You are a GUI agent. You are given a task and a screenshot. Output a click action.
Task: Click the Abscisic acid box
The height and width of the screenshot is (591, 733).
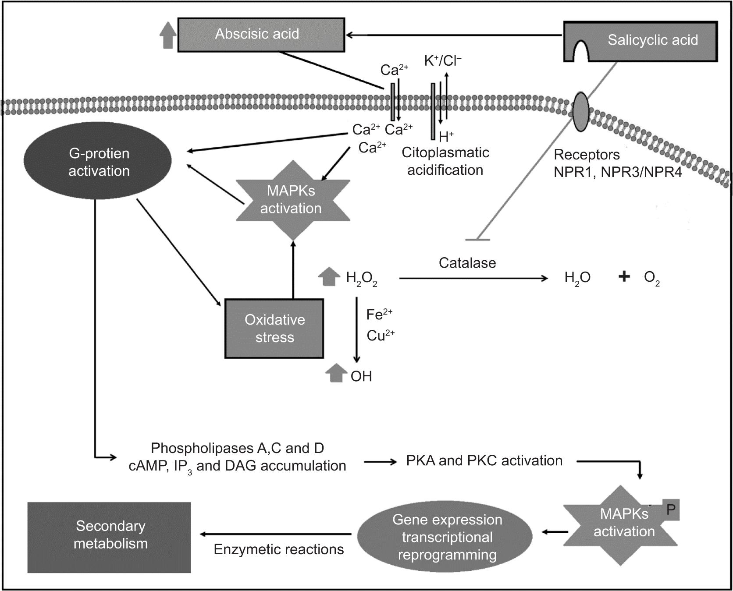tap(261, 35)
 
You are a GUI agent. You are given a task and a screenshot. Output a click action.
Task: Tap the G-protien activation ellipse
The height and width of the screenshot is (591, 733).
tap(98, 162)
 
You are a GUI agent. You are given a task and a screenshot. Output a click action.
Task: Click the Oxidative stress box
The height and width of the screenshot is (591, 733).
tap(274, 329)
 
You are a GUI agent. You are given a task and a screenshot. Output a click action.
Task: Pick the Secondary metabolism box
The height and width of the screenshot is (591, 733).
tap(110, 537)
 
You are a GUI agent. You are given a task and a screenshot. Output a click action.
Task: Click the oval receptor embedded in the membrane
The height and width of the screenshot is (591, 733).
tap(581, 112)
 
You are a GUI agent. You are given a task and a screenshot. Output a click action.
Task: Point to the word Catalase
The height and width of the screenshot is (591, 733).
tap(467, 263)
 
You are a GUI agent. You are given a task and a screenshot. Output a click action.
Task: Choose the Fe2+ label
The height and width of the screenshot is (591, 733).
tap(379, 314)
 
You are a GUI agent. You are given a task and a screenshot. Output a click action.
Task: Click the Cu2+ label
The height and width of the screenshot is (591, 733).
tap(381, 336)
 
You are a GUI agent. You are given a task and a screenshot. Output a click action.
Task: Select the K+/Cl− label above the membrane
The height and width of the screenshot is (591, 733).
tap(443, 61)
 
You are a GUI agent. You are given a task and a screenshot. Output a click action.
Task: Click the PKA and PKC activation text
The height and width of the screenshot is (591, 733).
tap(484, 460)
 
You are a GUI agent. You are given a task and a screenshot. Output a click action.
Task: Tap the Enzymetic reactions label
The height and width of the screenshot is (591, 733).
tap(278, 549)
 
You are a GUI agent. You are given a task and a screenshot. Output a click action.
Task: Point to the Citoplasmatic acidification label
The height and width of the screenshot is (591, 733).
tap(445, 161)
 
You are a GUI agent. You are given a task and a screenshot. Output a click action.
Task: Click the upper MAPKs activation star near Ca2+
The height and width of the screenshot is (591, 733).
tap(292, 200)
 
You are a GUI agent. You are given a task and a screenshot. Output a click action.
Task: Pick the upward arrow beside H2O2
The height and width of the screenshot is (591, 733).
tap(329, 277)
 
